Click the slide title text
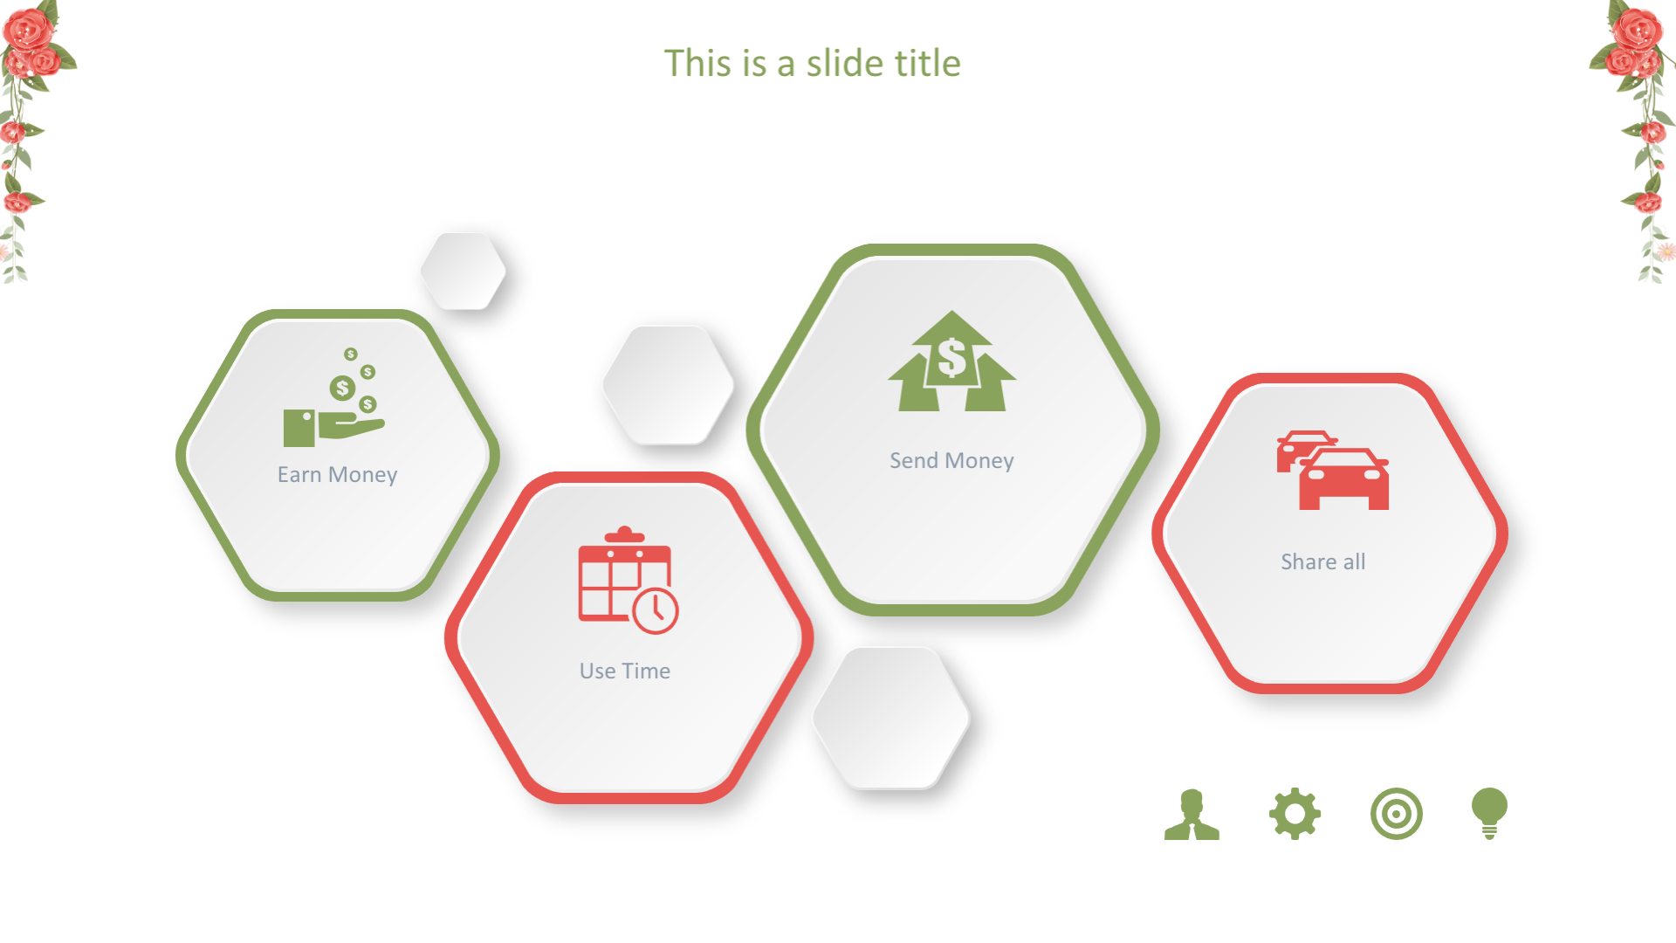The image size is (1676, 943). point(812,64)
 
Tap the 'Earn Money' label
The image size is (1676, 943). point(337,475)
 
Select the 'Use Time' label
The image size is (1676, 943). point(625,671)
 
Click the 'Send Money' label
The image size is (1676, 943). point(951,461)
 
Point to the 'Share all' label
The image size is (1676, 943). point(1323,561)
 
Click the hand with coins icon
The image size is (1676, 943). point(334,397)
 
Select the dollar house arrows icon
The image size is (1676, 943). point(951,361)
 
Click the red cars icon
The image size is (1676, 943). point(1332,470)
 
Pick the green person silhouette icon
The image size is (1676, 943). point(1192,815)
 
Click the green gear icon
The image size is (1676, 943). point(1295,814)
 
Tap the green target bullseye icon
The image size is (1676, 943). point(1397,814)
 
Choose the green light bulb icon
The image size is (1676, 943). point(1489,813)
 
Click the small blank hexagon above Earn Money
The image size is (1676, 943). point(464,271)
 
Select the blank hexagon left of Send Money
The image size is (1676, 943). point(669,385)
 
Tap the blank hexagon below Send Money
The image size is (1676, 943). point(891,718)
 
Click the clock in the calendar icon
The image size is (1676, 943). point(656,610)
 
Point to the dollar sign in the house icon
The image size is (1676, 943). point(951,358)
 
